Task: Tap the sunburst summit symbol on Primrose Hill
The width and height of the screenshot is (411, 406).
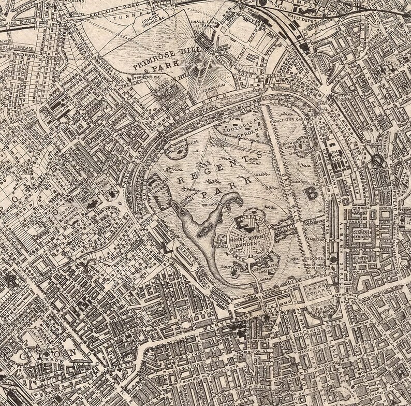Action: (202, 68)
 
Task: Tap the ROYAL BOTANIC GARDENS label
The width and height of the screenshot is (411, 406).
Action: (253, 239)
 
